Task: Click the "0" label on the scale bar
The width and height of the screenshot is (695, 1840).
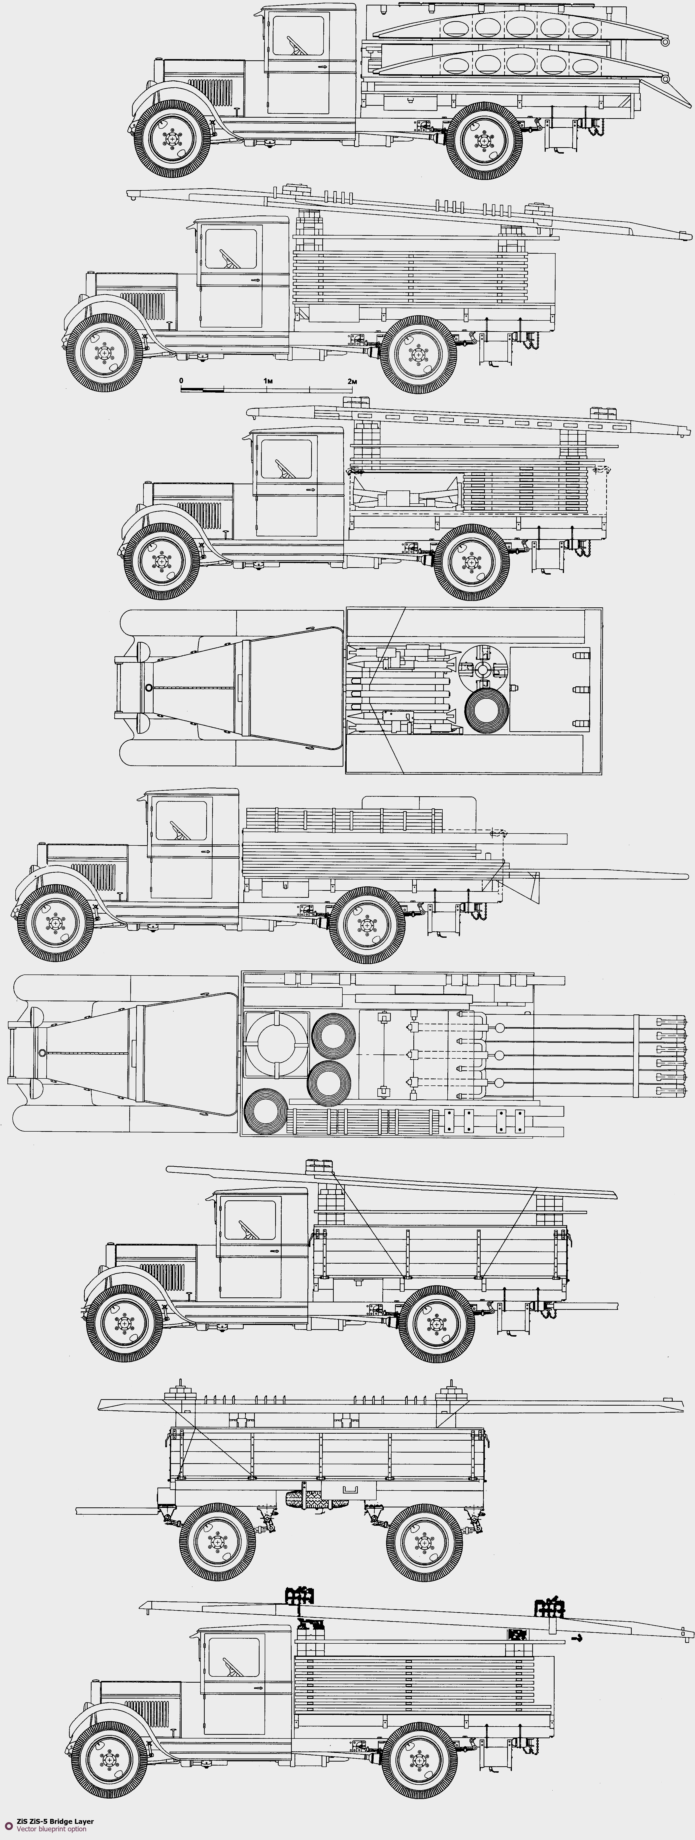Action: tap(181, 381)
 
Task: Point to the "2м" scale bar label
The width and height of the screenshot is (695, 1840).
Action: tap(352, 381)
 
